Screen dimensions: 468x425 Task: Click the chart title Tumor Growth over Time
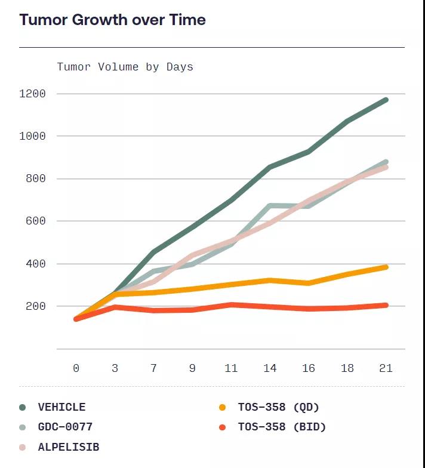pyautogui.click(x=112, y=20)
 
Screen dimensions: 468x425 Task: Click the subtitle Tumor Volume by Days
pyautogui.click(x=125, y=66)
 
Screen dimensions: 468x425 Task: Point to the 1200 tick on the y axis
pyautogui.click(x=33, y=94)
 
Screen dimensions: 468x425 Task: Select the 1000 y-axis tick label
pyautogui.click(x=33, y=136)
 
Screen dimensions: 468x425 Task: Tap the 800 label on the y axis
pyautogui.click(x=36, y=178)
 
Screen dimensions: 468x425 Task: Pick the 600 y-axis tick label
pyautogui.click(x=36, y=221)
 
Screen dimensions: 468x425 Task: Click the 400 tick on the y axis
pyautogui.click(x=36, y=264)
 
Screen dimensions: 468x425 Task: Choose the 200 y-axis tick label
pyautogui.click(x=36, y=306)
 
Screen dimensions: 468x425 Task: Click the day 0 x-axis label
pyautogui.click(x=76, y=368)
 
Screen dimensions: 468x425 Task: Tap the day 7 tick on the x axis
pyautogui.click(x=153, y=368)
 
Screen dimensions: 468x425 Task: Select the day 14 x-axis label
pyautogui.click(x=270, y=368)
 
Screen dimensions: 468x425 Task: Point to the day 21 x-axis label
pyautogui.click(x=386, y=368)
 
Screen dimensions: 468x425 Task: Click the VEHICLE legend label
pyautogui.click(x=61, y=407)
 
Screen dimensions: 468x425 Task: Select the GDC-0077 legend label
pyautogui.click(x=65, y=427)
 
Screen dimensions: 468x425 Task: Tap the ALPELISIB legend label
pyautogui.click(x=68, y=447)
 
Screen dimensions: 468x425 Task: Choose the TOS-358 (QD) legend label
pyautogui.click(x=279, y=407)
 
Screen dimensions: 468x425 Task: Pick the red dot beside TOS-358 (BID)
pyautogui.click(x=223, y=427)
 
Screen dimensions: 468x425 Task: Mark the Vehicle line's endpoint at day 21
pyautogui.click(x=386, y=100)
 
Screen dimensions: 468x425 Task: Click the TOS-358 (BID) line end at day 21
pyautogui.click(x=386, y=305)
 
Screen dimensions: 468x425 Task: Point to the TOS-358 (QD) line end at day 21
pyautogui.click(x=386, y=267)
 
